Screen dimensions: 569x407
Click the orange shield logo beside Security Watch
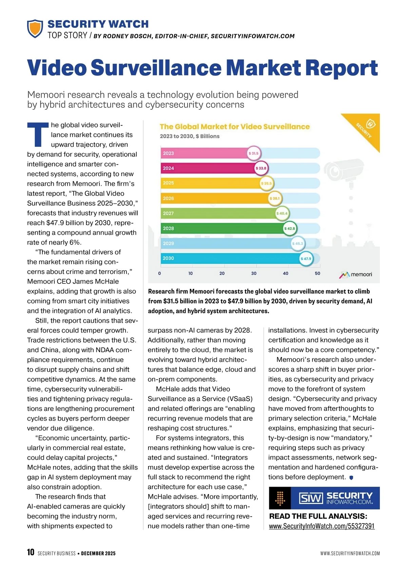35,28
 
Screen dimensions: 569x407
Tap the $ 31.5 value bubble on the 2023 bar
253,153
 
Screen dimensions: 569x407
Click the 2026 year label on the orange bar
168,198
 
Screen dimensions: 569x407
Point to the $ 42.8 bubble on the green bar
290,229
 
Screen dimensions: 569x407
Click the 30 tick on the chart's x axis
254,273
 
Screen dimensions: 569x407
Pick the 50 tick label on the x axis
317,273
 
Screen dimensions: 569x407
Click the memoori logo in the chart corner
356,275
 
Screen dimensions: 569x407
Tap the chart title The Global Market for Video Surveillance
234,127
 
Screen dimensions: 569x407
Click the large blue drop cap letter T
38,135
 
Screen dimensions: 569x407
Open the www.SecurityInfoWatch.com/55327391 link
322,526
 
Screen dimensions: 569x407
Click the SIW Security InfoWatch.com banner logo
324,498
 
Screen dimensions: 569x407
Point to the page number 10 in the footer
31,552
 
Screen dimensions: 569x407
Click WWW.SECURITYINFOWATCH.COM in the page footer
350,553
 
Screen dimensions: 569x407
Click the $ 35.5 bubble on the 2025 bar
266,184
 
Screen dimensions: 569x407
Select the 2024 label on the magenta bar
168,168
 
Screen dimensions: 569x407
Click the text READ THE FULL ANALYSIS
318,516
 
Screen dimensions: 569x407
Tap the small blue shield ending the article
351,478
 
